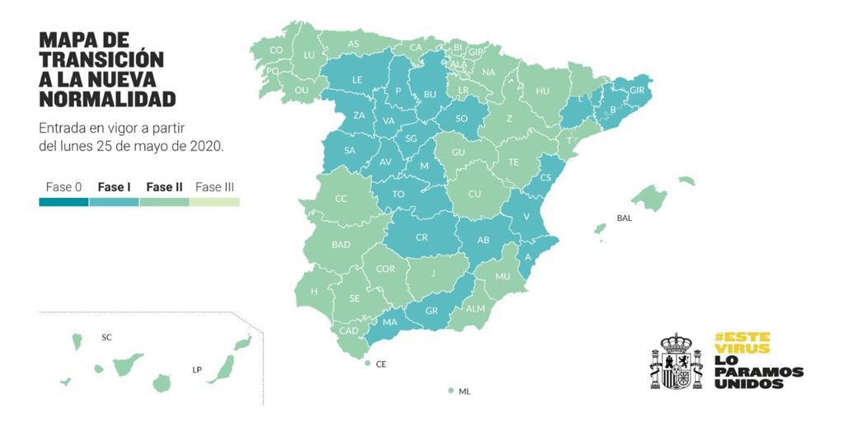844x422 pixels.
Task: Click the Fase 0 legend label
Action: pyautogui.click(x=63, y=187)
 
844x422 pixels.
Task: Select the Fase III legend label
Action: pyautogui.click(x=214, y=187)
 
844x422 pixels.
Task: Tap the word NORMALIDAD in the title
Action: pyautogui.click(x=107, y=100)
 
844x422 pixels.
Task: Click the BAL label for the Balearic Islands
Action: pyautogui.click(x=624, y=218)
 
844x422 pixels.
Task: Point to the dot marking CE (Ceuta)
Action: pyautogui.click(x=367, y=363)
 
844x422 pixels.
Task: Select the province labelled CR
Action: pyautogui.click(x=421, y=237)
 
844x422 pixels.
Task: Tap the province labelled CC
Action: pyautogui.click(x=341, y=199)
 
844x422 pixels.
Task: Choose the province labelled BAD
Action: pyautogui.click(x=341, y=245)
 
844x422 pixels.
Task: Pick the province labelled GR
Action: pyautogui.click(x=431, y=311)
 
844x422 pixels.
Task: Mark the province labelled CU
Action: pyautogui.click(x=475, y=194)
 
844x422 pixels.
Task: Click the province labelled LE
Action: pyautogui.click(x=358, y=80)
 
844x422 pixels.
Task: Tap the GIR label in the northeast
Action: pyautogui.click(x=636, y=90)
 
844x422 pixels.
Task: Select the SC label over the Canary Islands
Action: pyautogui.click(x=106, y=337)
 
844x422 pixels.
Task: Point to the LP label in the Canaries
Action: pyautogui.click(x=197, y=370)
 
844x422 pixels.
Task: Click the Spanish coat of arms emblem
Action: pyautogui.click(x=676, y=362)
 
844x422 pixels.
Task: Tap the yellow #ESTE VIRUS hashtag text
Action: pyautogui.click(x=742, y=343)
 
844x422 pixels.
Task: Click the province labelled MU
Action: pyautogui.click(x=503, y=276)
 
